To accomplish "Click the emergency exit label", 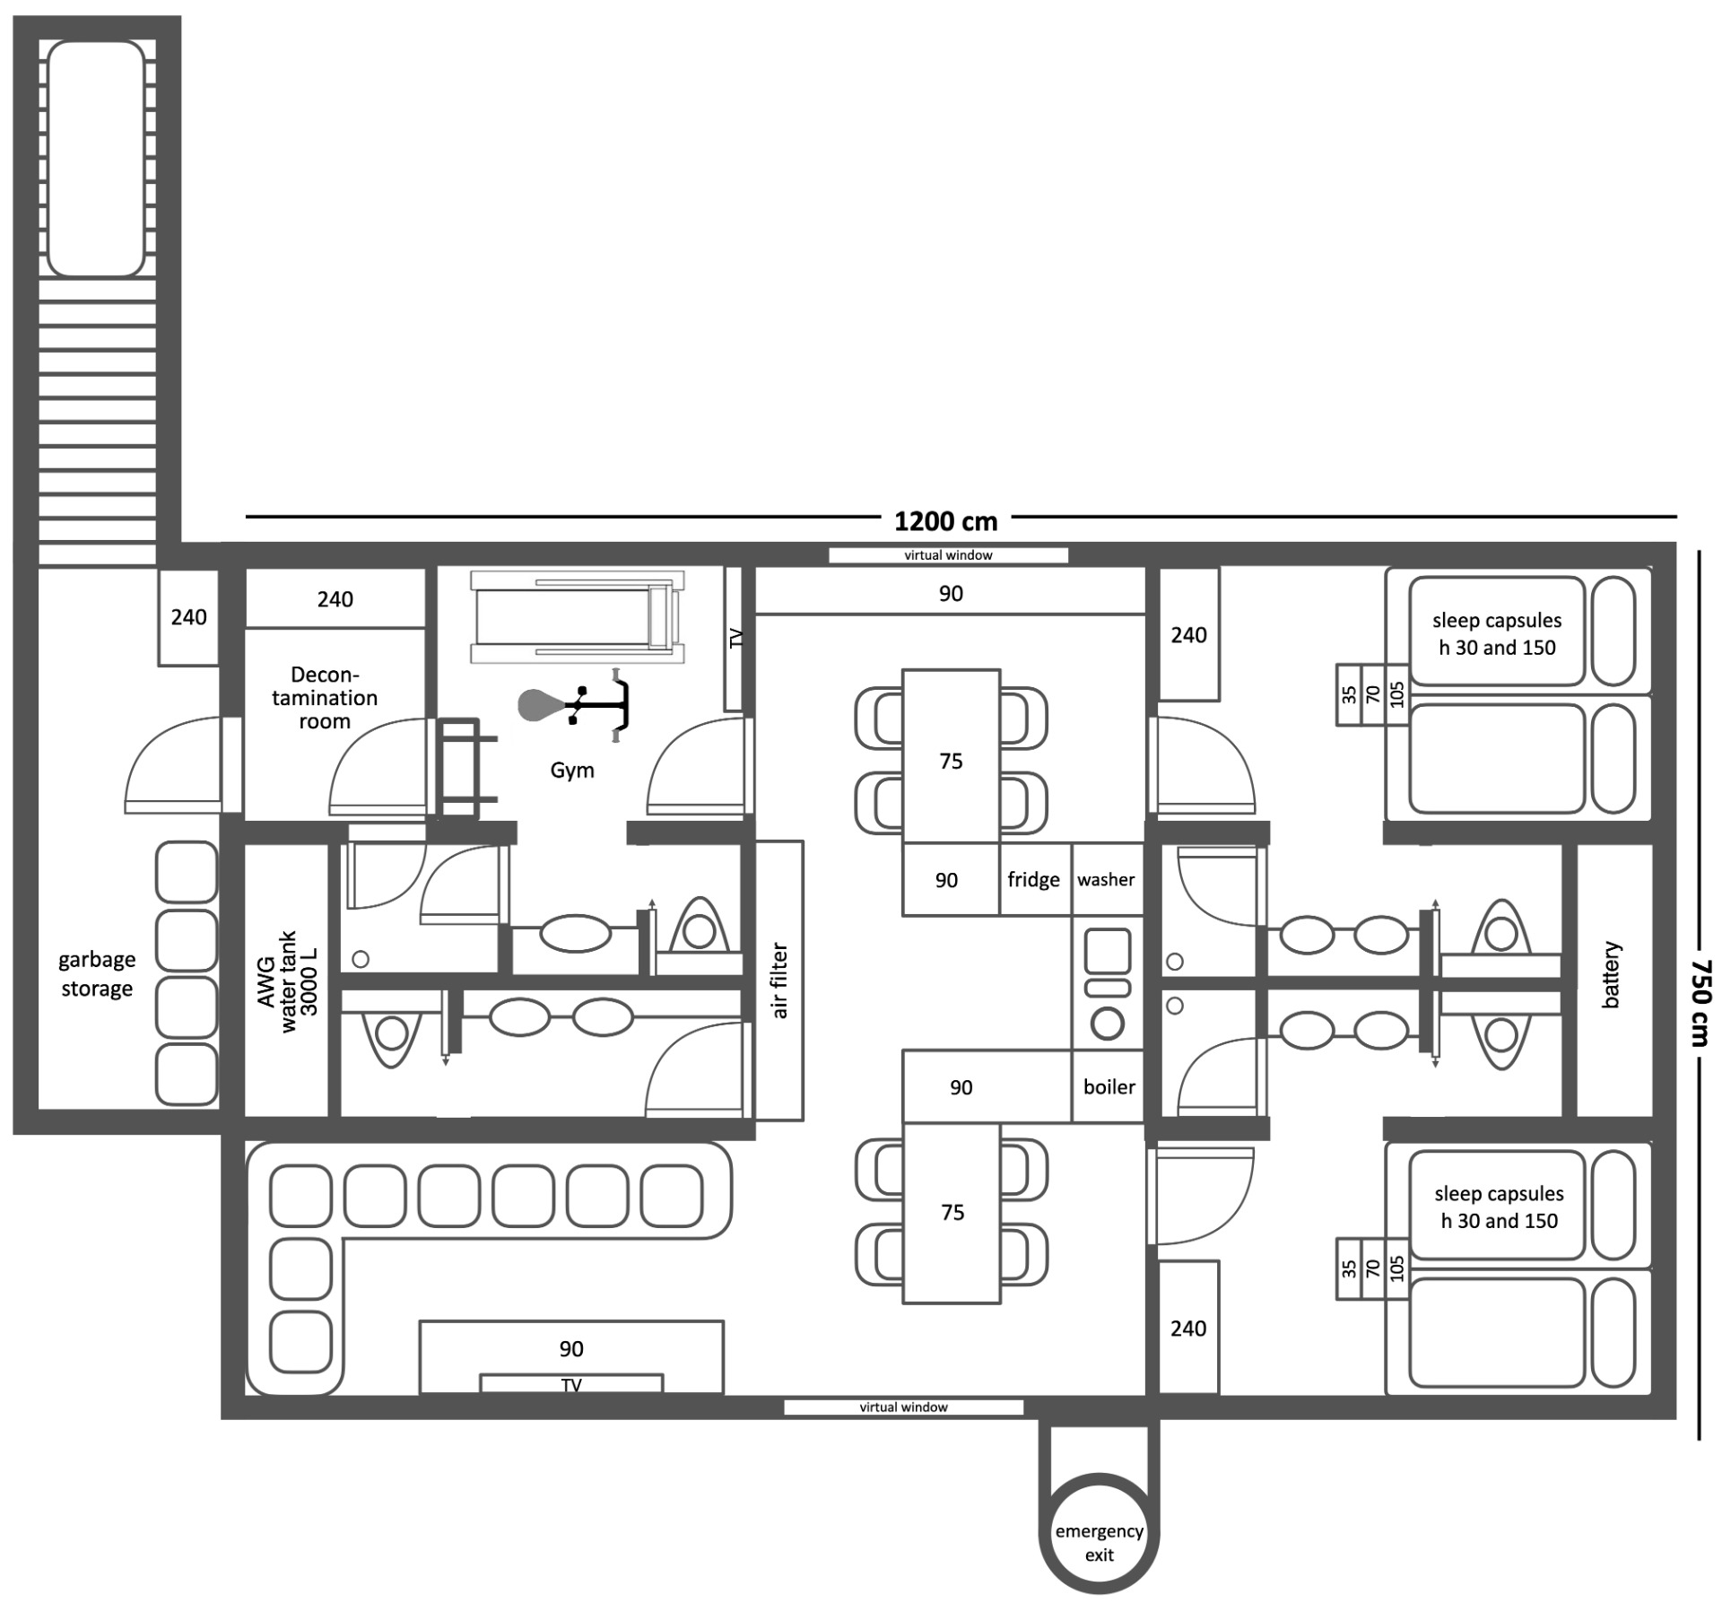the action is click(1099, 1542).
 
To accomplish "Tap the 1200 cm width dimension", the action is click(945, 521).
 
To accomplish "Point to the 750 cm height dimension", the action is click(1700, 1002).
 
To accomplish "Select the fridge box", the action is click(1034, 879).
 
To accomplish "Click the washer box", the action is click(1107, 879).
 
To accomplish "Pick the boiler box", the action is click(1109, 1086).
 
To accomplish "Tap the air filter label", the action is click(779, 980).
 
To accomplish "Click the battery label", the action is click(1611, 975).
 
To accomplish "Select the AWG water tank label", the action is click(288, 981).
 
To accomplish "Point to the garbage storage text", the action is click(97, 974).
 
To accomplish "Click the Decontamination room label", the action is click(325, 698).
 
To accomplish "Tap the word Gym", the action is click(572, 771).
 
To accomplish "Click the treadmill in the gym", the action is click(578, 617).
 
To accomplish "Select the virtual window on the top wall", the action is click(948, 555).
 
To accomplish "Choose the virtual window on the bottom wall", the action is click(904, 1407).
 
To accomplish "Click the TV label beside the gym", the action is click(736, 639).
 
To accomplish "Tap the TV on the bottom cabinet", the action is click(571, 1384).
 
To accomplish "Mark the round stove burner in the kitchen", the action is click(1109, 1024).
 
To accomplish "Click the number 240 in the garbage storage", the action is click(188, 617).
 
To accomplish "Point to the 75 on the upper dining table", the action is click(951, 762).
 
